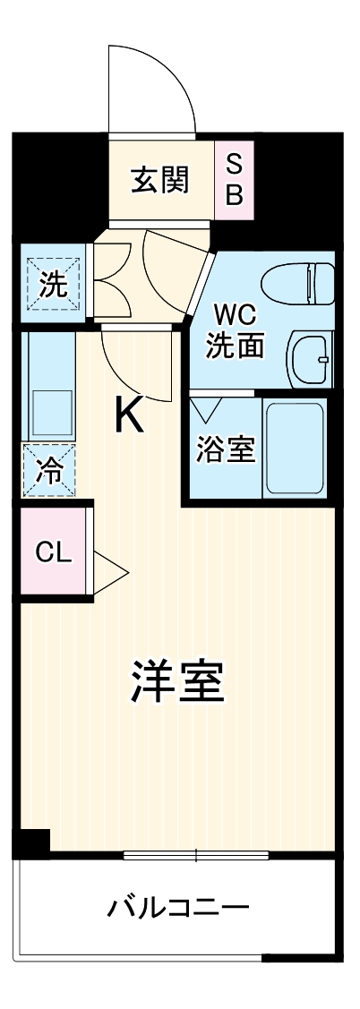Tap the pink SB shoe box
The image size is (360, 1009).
tap(234, 180)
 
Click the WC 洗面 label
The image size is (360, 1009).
tap(236, 330)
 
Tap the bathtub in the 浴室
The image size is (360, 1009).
tap(293, 448)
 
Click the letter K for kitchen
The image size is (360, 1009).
tap(129, 415)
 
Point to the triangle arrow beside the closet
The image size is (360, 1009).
tap(111, 570)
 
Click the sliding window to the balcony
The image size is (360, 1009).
tap(195, 854)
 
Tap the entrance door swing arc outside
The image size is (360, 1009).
tap(152, 85)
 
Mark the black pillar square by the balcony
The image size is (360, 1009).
tap(31, 842)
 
